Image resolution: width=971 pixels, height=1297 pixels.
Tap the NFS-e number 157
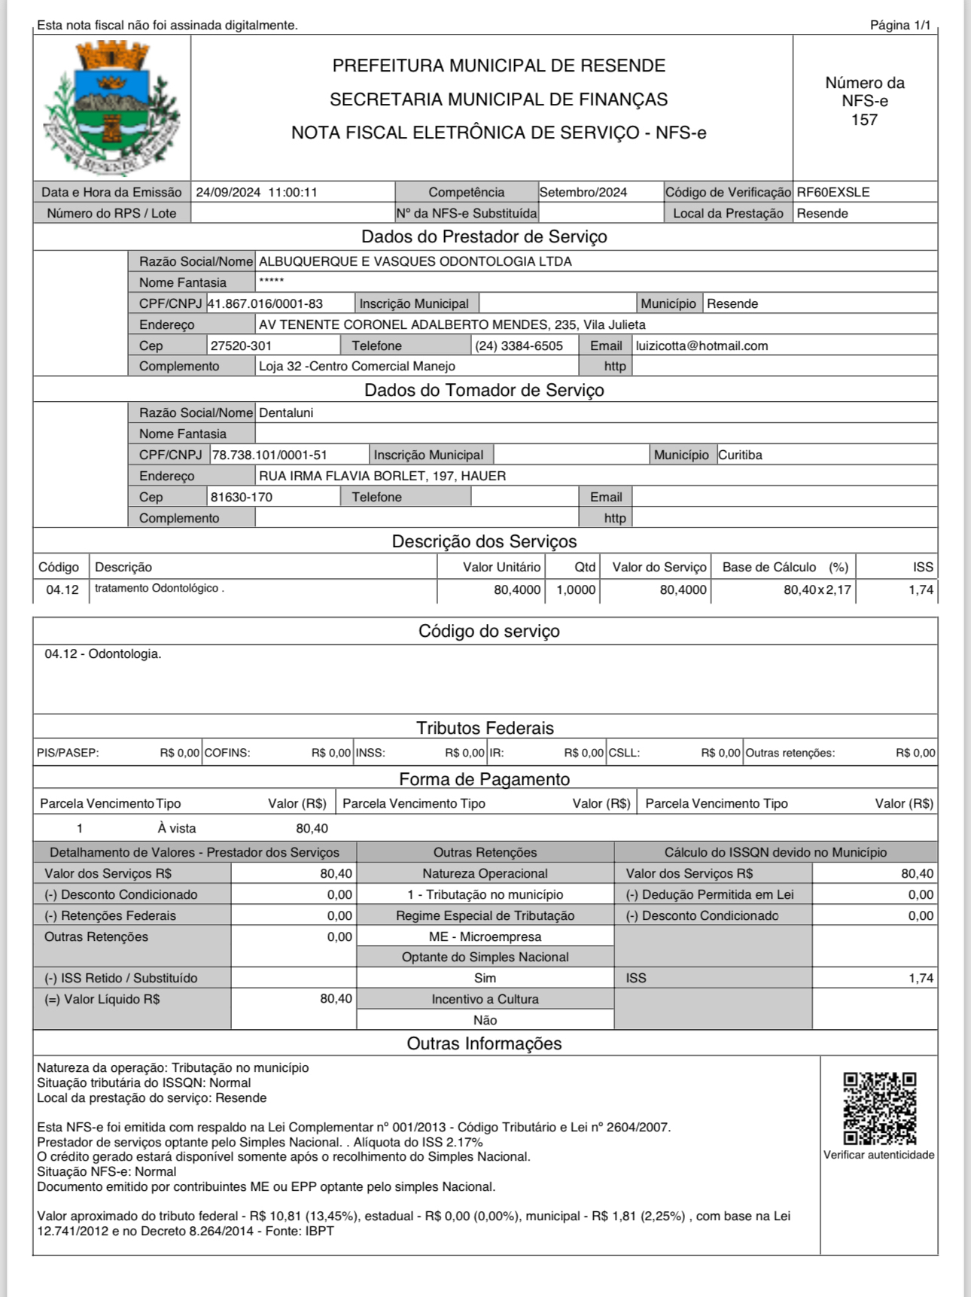click(x=864, y=120)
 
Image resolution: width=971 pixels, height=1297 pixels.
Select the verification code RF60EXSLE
click(x=833, y=192)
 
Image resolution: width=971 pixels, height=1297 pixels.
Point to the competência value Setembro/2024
click(x=583, y=192)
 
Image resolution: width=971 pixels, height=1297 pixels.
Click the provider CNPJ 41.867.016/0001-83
click(x=266, y=303)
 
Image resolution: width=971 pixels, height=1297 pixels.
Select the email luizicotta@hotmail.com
click(x=702, y=346)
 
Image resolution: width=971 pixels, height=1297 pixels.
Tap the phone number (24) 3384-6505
click(x=519, y=346)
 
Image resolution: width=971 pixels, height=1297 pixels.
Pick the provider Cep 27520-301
click(x=241, y=346)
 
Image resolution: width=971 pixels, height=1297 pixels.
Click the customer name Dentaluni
click(x=286, y=413)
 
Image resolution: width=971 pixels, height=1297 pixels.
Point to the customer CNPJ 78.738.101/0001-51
click(x=269, y=455)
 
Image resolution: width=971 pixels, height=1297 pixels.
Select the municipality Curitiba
click(x=740, y=455)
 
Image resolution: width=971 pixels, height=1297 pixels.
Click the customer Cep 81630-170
click(x=242, y=497)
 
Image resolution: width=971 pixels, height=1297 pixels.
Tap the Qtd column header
click(x=585, y=567)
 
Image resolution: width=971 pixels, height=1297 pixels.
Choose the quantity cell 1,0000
click(x=576, y=589)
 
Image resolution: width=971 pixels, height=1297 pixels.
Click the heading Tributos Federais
click(x=485, y=728)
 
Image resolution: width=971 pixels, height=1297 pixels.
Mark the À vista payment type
click(x=177, y=828)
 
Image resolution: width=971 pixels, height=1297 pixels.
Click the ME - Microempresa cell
click(x=485, y=936)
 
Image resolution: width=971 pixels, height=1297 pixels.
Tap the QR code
click(x=879, y=1108)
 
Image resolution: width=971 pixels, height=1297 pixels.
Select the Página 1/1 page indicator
click(x=900, y=25)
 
